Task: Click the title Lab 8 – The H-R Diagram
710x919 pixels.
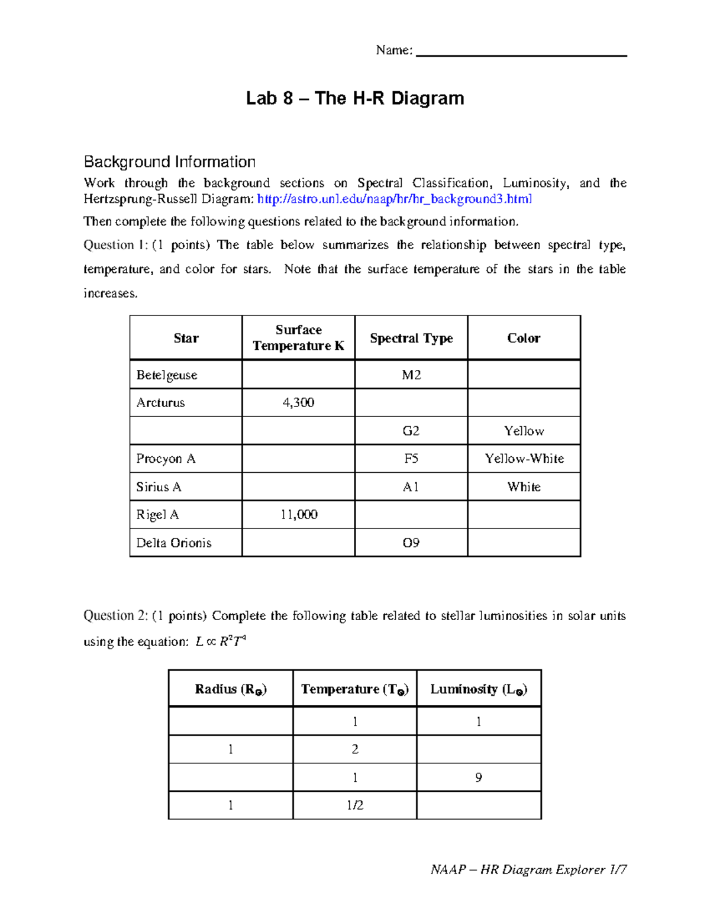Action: [x=355, y=98]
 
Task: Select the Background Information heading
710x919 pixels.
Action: [x=170, y=162]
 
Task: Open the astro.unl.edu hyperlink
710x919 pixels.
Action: [x=395, y=199]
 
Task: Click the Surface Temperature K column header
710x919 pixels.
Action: [x=298, y=338]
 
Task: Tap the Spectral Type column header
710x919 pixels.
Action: [x=411, y=338]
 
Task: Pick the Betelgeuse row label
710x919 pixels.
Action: [x=167, y=375]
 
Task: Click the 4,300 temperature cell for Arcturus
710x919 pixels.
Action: [x=298, y=403]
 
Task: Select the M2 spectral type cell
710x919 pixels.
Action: [x=411, y=375]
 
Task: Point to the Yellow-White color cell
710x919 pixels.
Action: [x=524, y=459]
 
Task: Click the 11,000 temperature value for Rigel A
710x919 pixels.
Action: [x=298, y=515]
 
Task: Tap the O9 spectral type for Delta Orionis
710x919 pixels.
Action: [x=411, y=543]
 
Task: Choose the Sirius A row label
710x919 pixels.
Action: [x=159, y=487]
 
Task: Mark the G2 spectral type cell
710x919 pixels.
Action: [x=411, y=431]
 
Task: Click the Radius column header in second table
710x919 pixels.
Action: [x=231, y=689]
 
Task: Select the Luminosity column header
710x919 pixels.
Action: [x=479, y=689]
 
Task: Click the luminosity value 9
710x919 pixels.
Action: [x=479, y=778]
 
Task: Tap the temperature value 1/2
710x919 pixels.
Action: [x=355, y=805]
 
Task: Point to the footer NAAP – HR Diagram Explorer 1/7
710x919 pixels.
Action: [x=528, y=869]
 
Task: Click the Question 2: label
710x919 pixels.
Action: [x=116, y=616]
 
